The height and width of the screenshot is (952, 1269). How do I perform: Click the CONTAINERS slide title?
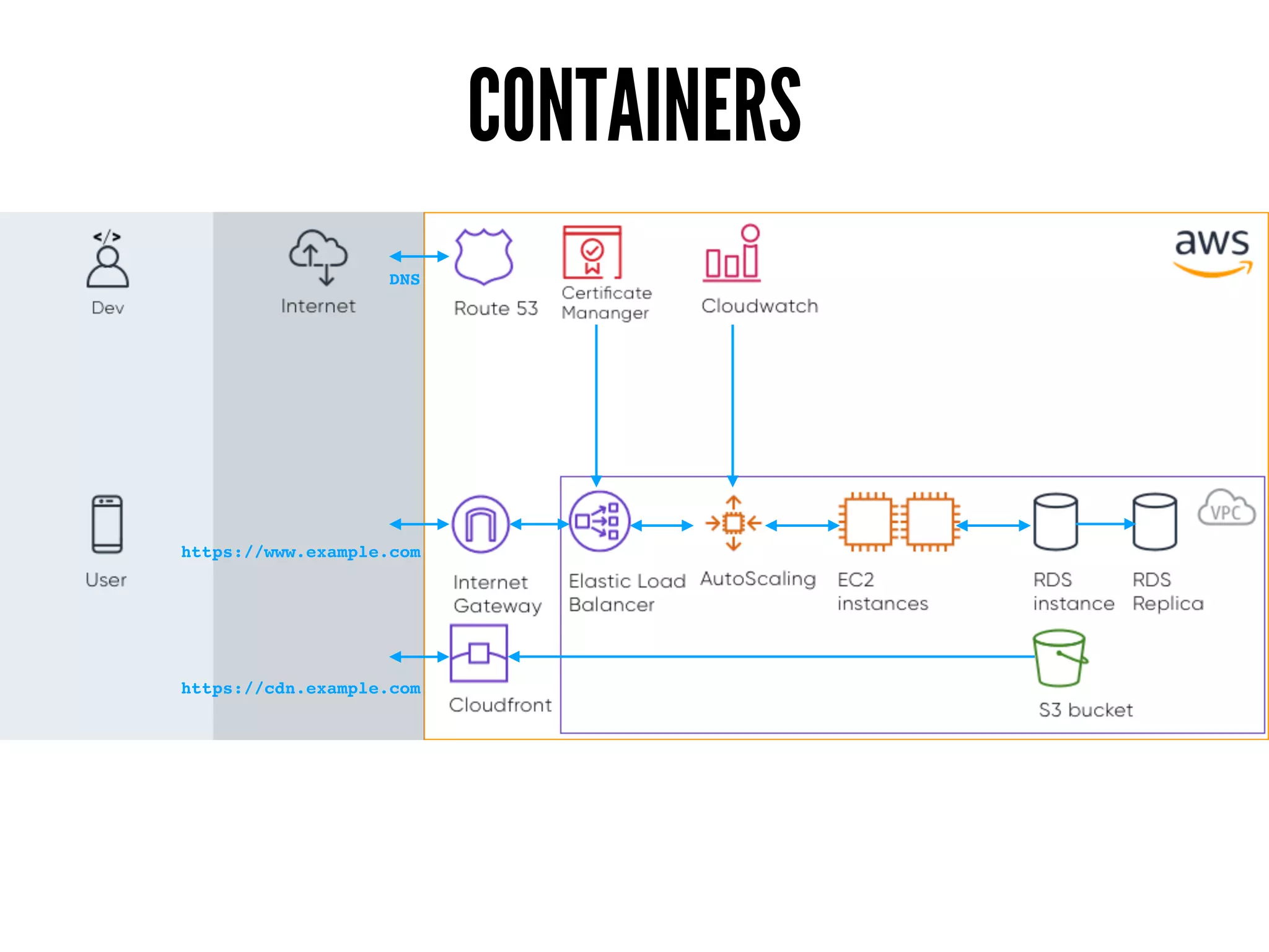[x=634, y=104]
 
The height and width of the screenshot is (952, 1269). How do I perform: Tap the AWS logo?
[x=1212, y=251]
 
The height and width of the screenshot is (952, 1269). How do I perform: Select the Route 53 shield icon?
[x=484, y=256]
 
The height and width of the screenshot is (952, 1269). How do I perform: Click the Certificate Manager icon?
[x=592, y=252]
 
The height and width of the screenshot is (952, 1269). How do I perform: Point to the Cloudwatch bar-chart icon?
[x=732, y=254]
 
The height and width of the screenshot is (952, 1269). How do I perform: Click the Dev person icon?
[x=108, y=260]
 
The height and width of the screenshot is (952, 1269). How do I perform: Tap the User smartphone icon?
[x=107, y=524]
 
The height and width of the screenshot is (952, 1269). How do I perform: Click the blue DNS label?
[x=404, y=280]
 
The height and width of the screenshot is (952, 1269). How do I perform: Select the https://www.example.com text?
[x=301, y=552]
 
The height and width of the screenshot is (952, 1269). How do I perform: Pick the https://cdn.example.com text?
[x=301, y=688]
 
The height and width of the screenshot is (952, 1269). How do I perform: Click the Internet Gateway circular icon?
[x=481, y=524]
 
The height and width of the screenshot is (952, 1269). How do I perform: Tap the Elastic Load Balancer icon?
[x=599, y=521]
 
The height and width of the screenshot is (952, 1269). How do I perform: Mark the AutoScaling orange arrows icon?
[x=733, y=523]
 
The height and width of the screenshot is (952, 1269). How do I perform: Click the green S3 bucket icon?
[x=1060, y=658]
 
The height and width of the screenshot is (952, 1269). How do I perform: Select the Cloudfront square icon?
[x=479, y=653]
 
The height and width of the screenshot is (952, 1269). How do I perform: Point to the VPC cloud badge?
[x=1226, y=509]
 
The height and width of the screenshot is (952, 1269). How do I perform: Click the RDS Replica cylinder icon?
[x=1154, y=522]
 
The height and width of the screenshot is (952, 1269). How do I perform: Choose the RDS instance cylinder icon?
[x=1055, y=522]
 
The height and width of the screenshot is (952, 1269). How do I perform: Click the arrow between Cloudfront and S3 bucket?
[x=768, y=656]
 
